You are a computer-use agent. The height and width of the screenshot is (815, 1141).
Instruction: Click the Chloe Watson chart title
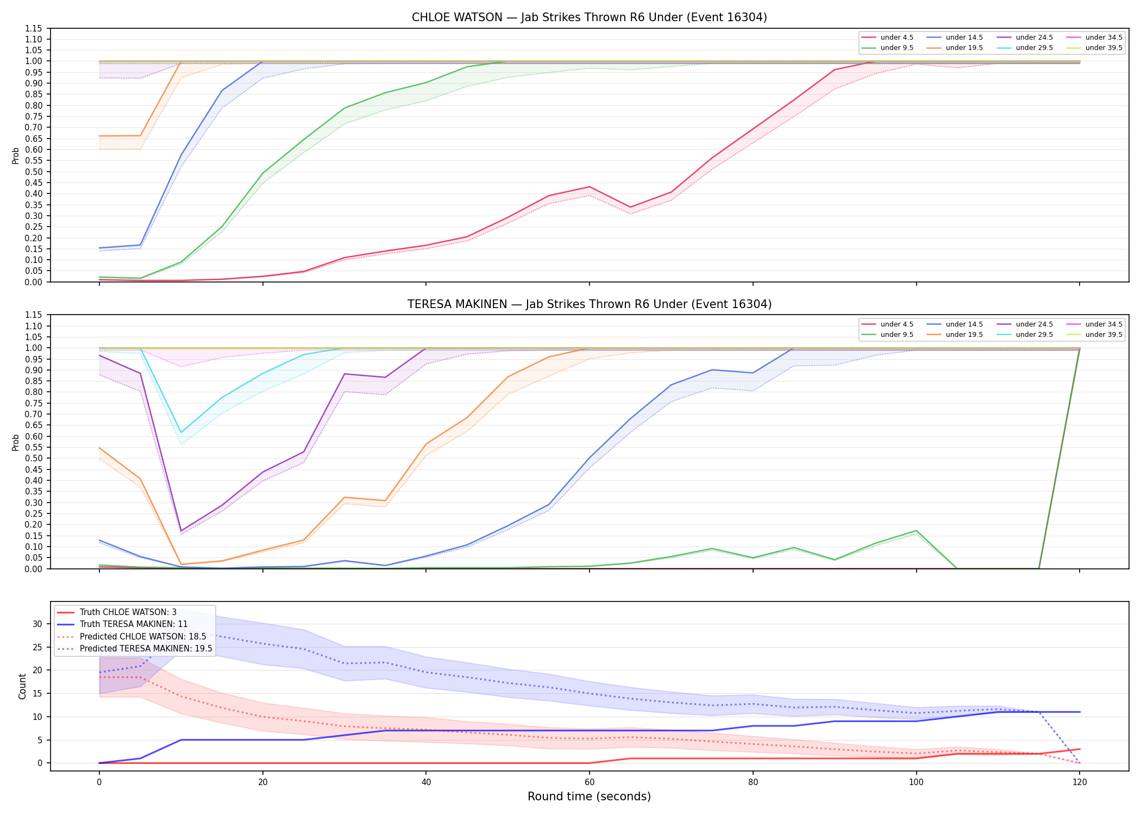coord(589,17)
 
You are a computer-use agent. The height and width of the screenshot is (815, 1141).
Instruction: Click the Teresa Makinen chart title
coord(589,304)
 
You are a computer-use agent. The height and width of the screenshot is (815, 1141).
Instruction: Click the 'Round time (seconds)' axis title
coord(589,797)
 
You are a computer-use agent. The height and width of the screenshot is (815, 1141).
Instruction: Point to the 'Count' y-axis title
coord(22,686)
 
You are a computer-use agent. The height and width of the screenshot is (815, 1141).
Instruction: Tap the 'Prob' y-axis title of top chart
coord(16,155)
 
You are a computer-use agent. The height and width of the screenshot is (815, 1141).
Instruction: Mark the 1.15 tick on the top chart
coord(34,28)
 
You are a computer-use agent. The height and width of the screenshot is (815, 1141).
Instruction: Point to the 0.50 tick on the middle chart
coord(34,459)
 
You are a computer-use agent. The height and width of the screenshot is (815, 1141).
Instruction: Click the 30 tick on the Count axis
coord(37,624)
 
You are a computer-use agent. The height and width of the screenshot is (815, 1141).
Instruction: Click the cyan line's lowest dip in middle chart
coord(181,432)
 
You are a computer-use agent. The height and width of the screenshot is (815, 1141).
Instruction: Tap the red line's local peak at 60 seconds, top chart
coord(590,187)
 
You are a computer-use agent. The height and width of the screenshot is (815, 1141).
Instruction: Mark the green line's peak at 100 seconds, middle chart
coord(916,531)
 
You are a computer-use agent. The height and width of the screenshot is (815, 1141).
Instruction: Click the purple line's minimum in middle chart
coord(181,531)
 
